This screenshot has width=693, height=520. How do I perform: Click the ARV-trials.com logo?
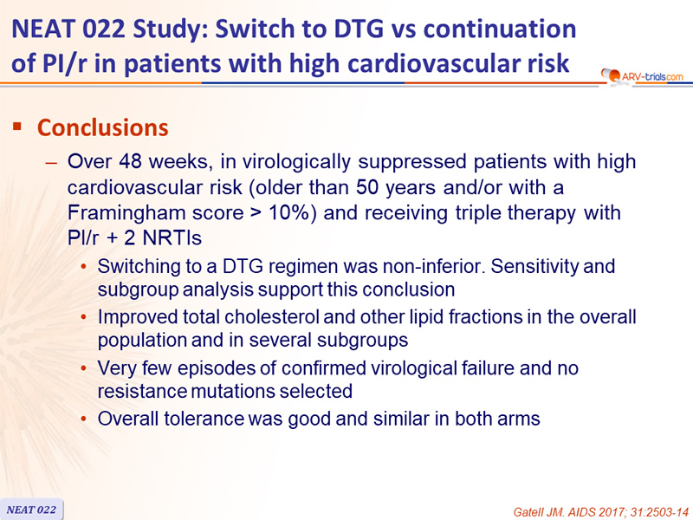pos(643,76)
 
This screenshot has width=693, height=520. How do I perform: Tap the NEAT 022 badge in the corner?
pos(31,510)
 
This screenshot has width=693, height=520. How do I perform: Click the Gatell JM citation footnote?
pos(601,512)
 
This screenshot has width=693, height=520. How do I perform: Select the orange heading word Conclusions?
pos(102,127)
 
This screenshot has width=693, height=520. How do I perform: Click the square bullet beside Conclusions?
pos(17,127)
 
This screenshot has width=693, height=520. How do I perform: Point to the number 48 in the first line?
pos(130,161)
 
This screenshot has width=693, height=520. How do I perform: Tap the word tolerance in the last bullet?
pos(204,419)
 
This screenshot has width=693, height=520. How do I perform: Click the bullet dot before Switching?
pos(83,267)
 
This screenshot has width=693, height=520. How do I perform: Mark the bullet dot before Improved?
pos(83,317)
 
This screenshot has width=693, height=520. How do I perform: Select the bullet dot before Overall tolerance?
pos(83,419)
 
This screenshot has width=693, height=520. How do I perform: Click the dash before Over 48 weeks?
pos(51,163)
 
